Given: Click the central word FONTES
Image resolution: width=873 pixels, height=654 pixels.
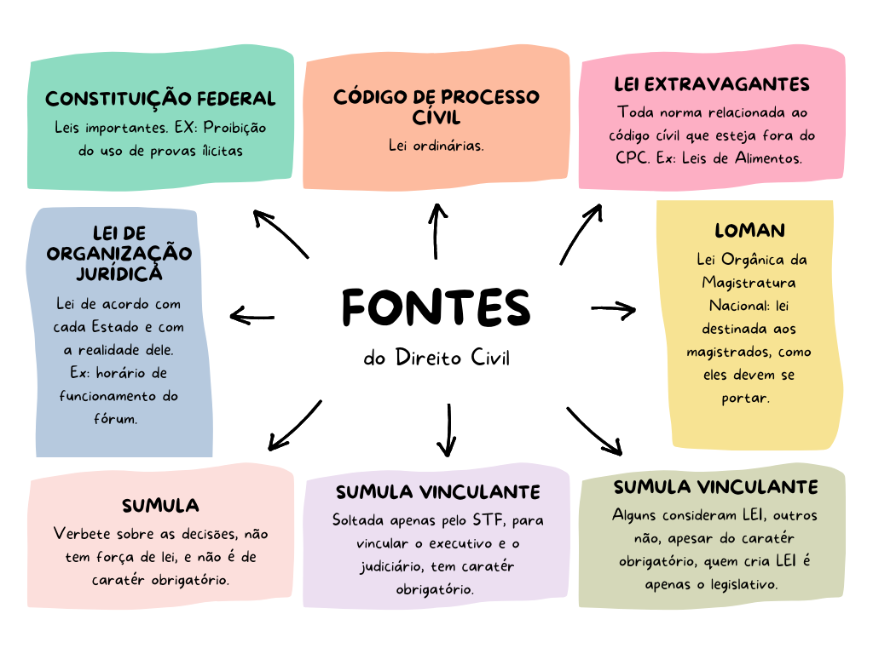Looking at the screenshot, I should point(436,307).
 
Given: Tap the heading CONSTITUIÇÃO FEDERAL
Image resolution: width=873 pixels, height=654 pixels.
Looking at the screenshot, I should point(160,99).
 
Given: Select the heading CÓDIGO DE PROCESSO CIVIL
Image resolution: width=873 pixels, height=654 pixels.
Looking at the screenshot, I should point(436,106).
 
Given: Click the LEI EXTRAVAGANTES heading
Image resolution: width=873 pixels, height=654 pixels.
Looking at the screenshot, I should point(712,84).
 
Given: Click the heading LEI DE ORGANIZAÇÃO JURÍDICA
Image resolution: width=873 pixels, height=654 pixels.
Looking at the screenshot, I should point(119,253).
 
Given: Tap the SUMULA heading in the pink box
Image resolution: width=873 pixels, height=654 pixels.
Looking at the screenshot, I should point(160,506).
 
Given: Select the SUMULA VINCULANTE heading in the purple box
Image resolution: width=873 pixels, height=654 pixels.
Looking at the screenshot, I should point(437,492).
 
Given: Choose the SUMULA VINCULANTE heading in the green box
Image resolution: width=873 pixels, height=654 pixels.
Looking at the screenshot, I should point(715,487).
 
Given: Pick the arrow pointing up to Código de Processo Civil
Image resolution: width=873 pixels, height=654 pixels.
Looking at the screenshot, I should point(436,232).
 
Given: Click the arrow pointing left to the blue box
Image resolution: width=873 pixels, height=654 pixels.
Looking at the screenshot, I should point(252,318).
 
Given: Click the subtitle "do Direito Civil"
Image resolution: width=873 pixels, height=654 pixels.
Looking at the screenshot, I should point(436,358).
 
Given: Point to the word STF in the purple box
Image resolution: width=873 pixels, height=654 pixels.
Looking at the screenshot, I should point(495,519).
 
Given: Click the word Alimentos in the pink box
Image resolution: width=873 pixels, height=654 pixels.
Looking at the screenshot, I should point(766,158).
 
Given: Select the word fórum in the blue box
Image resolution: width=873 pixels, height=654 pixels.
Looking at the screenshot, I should point(119,419).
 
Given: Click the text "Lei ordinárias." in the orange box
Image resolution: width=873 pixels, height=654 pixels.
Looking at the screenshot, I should point(436,145).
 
